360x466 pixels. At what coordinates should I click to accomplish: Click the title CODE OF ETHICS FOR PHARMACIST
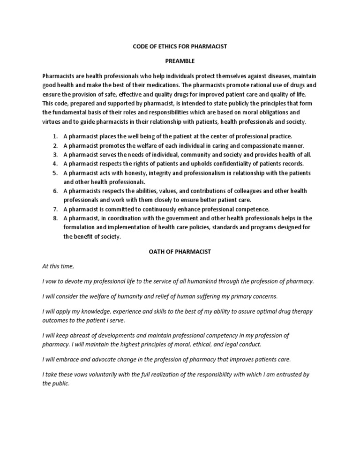pyautogui.click(x=180, y=47)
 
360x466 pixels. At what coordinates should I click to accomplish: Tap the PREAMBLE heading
pyautogui.click(x=180, y=61)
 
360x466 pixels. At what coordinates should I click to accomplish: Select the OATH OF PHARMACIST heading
pyautogui.click(x=180, y=251)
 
